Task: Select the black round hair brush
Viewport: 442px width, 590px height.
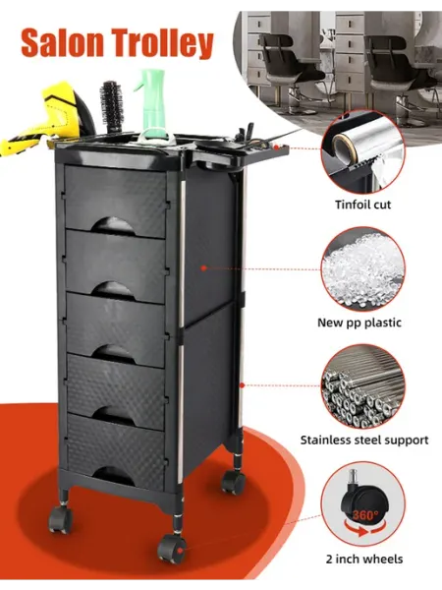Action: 111,106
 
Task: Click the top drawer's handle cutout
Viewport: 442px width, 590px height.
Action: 113,226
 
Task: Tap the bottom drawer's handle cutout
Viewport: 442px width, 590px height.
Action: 114,476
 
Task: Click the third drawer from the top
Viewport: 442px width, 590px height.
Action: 116,328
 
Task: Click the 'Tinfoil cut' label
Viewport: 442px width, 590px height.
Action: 363,205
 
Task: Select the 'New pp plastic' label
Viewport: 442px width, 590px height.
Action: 359,323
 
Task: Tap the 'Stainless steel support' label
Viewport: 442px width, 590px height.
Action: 364,440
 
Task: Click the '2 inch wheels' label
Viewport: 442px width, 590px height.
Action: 364,559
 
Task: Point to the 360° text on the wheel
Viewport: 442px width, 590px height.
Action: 365,514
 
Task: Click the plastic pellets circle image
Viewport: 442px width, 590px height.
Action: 363,268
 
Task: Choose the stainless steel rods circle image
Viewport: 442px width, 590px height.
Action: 363,386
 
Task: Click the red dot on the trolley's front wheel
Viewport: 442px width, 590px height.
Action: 181,551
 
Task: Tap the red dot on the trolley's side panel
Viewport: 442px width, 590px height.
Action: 203,267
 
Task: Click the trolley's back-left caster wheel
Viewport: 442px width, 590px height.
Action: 60,518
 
